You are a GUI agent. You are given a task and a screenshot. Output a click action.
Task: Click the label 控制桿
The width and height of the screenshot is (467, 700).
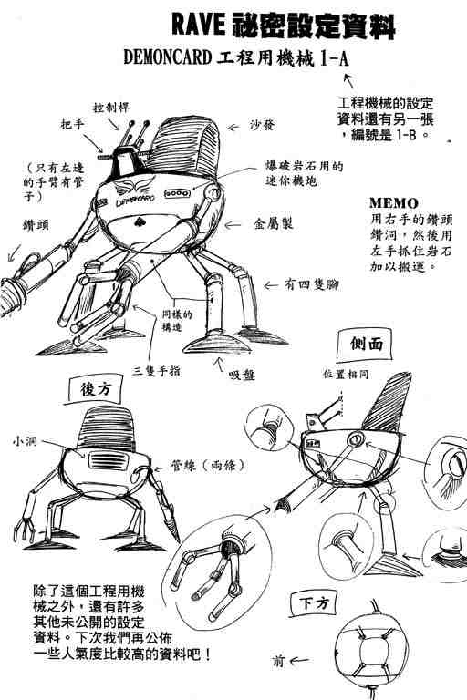(111, 106)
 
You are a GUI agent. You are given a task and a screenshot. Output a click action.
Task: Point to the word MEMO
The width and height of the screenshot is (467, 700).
(393, 202)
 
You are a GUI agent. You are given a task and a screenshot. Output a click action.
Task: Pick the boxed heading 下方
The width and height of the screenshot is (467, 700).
(307, 602)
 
